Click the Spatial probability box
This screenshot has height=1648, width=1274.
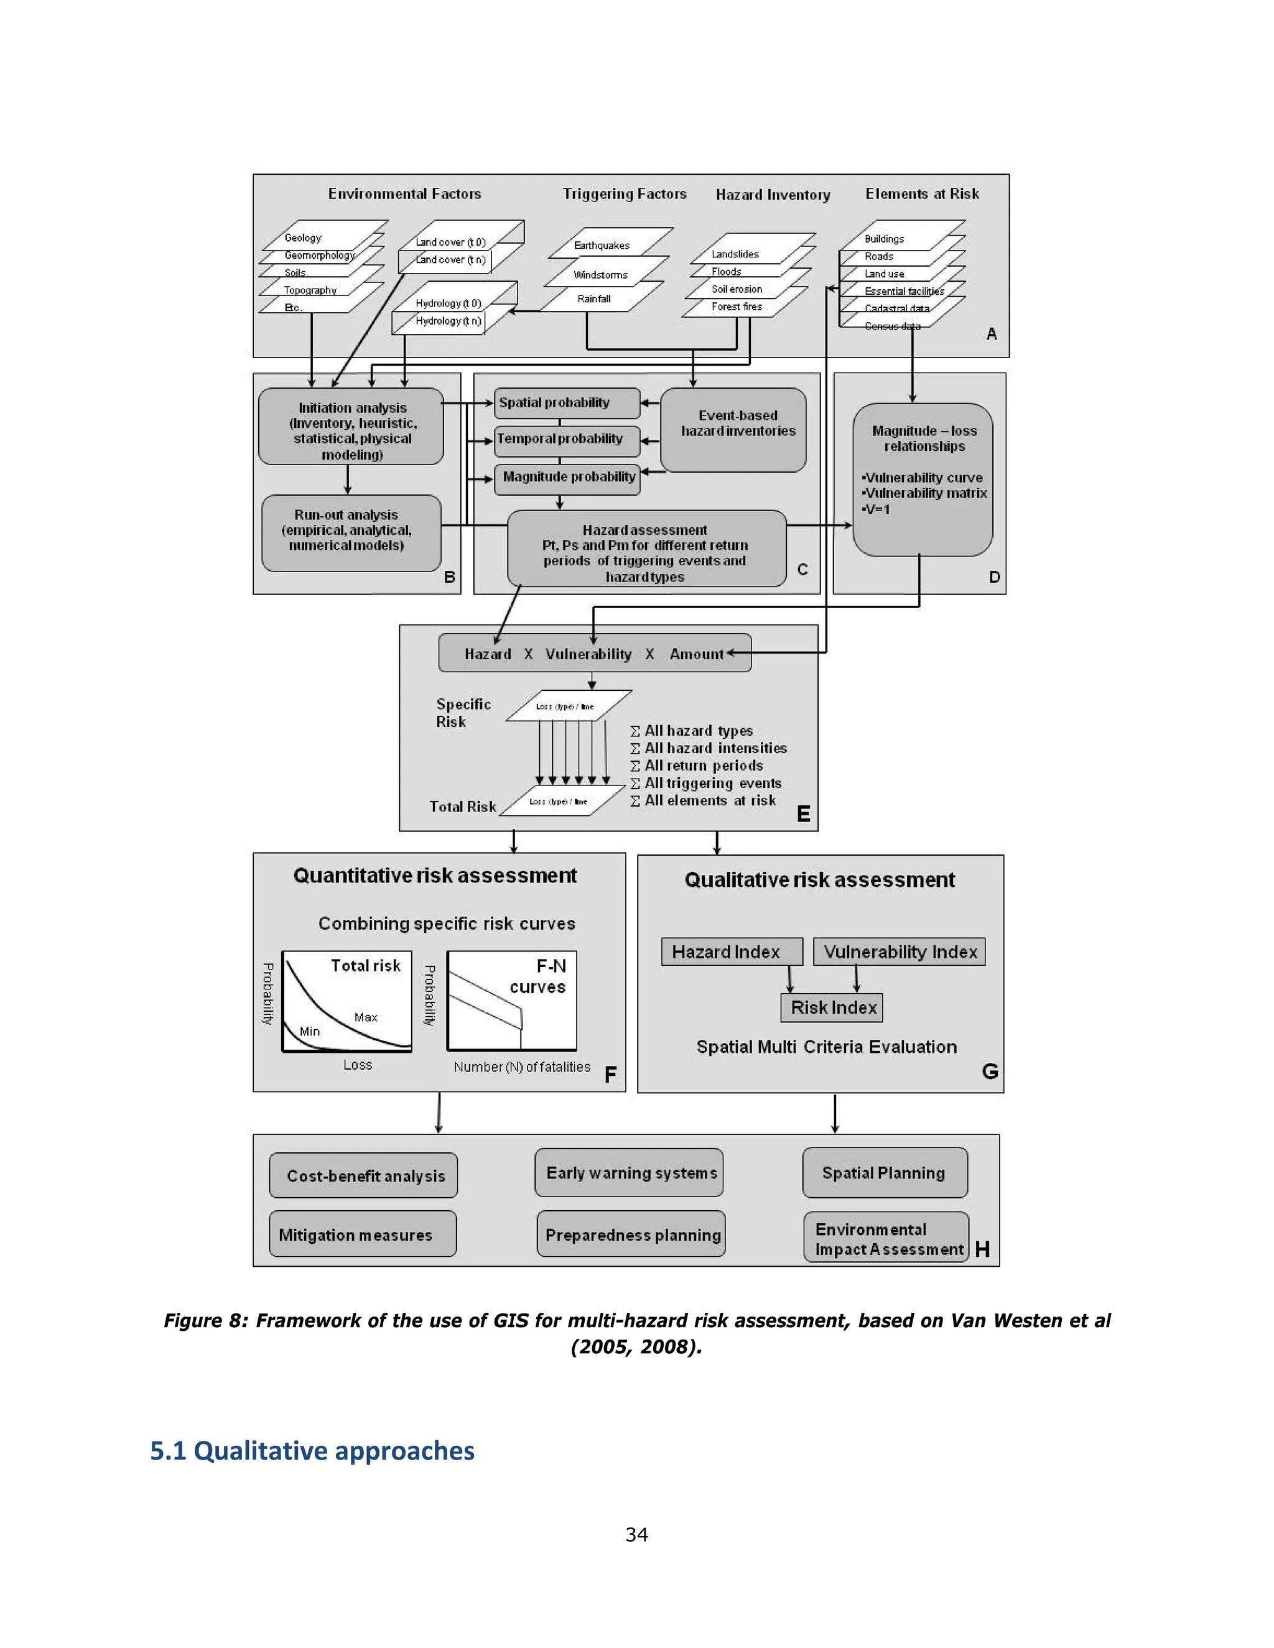[x=567, y=403]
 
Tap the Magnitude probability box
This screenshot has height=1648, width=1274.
[x=567, y=478]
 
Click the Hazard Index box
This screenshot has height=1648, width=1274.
[x=732, y=951]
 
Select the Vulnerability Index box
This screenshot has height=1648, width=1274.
[x=899, y=951]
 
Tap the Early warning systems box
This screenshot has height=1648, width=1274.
[x=629, y=1173]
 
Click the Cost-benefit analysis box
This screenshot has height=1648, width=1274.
[x=363, y=1175]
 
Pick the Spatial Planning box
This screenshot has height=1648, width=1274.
[x=885, y=1173]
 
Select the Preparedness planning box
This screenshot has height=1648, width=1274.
[x=631, y=1234]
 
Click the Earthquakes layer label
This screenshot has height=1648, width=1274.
[x=602, y=245]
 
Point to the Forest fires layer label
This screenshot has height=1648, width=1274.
[x=737, y=307]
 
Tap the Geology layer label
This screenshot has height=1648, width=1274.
[x=303, y=238]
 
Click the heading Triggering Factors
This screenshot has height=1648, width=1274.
[x=624, y=194]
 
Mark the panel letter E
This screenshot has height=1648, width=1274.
[x=803, y=813]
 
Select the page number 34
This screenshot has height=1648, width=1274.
[x=636, y=1534]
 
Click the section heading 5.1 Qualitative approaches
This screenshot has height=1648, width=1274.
[x=312, y=1450]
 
